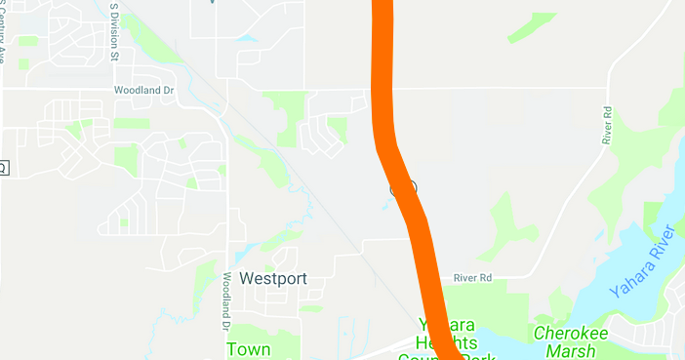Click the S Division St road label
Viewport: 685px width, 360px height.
(114, 31)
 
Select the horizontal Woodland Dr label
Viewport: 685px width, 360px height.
(141, 88)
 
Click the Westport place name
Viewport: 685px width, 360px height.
(273, 279)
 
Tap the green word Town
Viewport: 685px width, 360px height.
(249, 348)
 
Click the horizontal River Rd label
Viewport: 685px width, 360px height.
(472, 279)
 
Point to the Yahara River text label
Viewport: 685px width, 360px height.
(641, 261)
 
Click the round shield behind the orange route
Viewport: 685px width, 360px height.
(403, 187)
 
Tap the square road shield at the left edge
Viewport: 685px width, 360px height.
(3, 168)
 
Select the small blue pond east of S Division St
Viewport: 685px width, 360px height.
(244, 38)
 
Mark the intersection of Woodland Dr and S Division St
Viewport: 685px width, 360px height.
(116, 89)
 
